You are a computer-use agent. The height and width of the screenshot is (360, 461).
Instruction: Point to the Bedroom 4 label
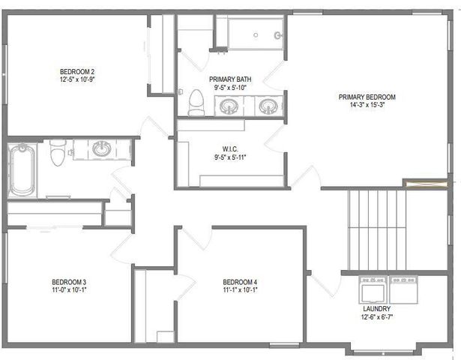pos(240,282)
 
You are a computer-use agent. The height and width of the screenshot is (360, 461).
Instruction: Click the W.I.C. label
pos(230,148)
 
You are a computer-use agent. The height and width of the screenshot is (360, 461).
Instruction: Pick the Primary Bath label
pos(230,79)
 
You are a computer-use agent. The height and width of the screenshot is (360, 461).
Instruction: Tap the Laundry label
pos(376,308)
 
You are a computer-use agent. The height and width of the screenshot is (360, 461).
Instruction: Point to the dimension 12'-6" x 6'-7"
pos(376,316)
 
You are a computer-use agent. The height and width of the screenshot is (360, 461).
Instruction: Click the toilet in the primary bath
pos(196,102)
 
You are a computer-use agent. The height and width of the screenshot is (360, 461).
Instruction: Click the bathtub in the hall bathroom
pos(21,169)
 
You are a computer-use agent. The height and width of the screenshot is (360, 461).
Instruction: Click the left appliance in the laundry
pos(372,289)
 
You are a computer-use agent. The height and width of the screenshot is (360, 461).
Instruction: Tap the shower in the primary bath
pos(250,32)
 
